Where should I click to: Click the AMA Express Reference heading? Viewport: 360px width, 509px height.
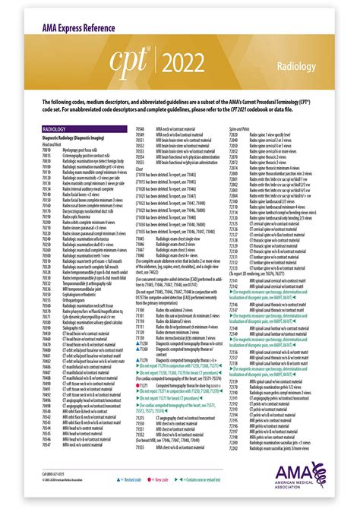[68, 30]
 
